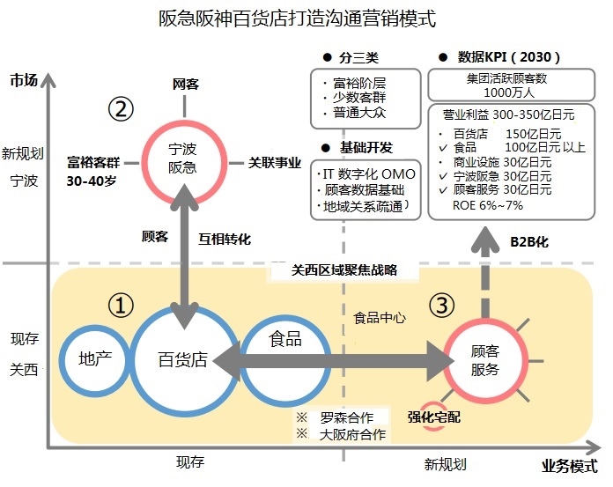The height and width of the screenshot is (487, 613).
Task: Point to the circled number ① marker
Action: point(120,305)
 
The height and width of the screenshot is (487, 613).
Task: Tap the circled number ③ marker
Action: point(442,305)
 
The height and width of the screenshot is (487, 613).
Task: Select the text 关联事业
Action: point(275,162)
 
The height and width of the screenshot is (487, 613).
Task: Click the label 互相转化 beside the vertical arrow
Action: point(225,238)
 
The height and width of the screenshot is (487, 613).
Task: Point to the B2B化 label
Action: point(529,240)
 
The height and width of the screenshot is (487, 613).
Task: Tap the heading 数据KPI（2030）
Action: point(509,57)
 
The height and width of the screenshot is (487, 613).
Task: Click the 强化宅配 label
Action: point(433,416)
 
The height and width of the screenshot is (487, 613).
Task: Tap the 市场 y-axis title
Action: point(25,80)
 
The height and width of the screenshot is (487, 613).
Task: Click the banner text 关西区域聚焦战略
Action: point(344,270)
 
